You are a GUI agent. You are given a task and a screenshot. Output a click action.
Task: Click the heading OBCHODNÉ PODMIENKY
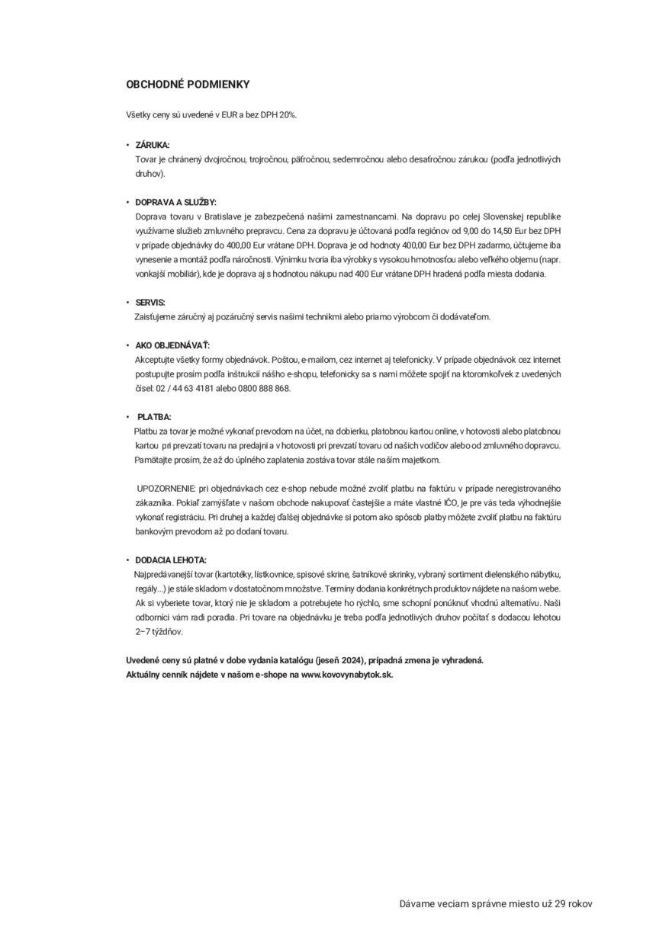(x=188, y=85)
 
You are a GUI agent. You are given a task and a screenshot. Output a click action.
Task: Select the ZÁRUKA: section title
(x=153, y=144)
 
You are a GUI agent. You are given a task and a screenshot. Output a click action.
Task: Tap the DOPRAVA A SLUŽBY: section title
(x=175, y=202)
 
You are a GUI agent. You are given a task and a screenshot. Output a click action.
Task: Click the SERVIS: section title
(x=150, y=303)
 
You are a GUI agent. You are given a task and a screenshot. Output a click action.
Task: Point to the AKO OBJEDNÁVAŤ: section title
(x=172, y=345)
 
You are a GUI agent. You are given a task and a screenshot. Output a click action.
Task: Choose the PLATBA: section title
(x=154, y=418)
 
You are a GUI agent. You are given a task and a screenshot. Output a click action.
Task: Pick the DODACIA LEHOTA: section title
(x=171, y=560)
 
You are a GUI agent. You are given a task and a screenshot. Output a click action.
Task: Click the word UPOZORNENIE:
(x=166, y=488)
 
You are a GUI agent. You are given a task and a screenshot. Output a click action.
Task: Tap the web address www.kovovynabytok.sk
(x=347, y=675)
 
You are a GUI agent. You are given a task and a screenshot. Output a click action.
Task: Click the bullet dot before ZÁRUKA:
(x=128, y=144)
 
